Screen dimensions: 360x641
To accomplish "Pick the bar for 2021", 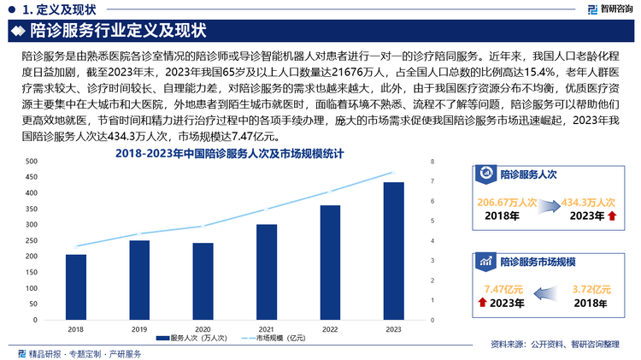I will (x=267, y=272).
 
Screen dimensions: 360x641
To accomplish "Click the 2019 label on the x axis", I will (x=139, y=328).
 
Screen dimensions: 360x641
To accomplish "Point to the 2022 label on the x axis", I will (x=330, y=328).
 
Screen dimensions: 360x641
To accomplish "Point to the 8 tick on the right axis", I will (x=432, y=161).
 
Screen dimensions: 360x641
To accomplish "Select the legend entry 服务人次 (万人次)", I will (x=193, y=339).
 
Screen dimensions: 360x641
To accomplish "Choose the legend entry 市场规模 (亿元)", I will (x=276, y=339).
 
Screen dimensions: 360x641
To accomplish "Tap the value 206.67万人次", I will (x=503, y=203).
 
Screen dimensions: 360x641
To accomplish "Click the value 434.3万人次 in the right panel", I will (x=589, y=203).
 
